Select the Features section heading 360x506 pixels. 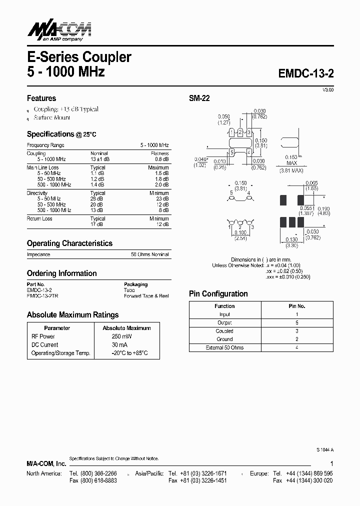41,98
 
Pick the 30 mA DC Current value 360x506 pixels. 119,344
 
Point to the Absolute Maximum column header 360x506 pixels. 126,328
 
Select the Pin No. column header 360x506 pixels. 297,306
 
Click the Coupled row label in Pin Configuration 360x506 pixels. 224,331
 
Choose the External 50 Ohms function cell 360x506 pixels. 224,347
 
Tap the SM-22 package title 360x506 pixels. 199,98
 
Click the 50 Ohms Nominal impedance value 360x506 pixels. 150,254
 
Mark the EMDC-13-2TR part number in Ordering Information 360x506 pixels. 42,296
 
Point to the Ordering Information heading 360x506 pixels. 61,273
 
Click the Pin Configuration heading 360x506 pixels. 218,294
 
